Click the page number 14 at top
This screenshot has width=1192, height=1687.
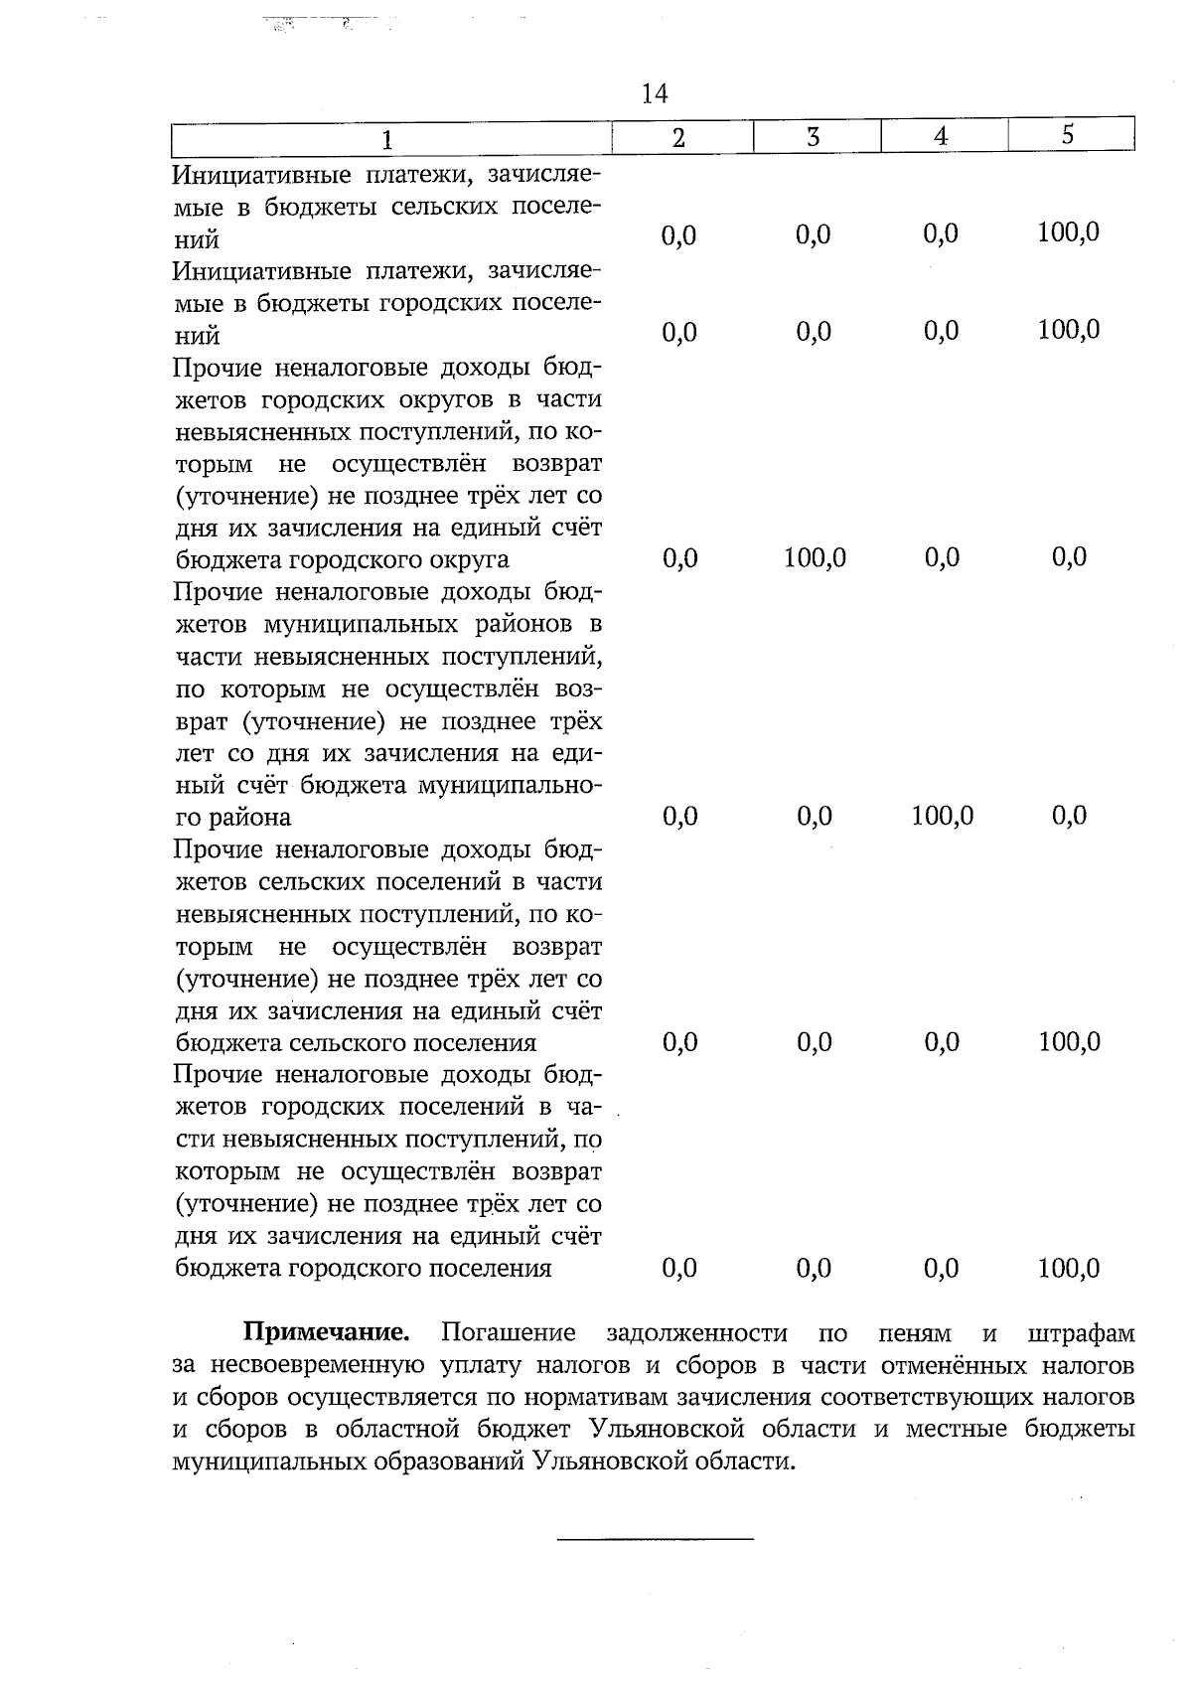tap(655, 93)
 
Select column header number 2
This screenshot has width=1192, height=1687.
tap(679, 138)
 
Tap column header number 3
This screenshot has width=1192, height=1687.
tap(813, 137)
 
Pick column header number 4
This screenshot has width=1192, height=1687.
tap(941, 137)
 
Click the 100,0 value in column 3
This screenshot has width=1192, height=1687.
tap(815, 558)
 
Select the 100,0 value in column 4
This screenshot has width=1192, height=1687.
tap(942, 817)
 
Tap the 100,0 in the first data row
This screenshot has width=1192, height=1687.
tap(1069, 232)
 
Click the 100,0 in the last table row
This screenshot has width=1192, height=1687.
tap(1069, 1268)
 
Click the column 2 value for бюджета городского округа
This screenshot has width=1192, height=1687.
tap(679, 558)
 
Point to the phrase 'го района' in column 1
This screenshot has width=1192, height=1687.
tap(233, 818)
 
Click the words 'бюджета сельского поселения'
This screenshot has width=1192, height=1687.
tap(356, 1043)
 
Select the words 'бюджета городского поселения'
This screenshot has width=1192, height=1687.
tap(363, 1269)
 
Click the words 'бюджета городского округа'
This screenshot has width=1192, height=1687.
tap(342, 559)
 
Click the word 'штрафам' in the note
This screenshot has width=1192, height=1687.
tap(1082, 1331)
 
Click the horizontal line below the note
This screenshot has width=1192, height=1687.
tap(656, 1539)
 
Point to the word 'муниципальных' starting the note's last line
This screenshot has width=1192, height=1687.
tap(252, 1461)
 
